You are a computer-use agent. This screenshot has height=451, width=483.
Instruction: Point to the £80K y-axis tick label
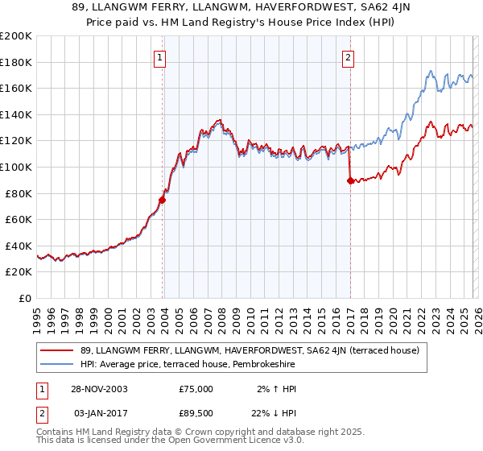(x=19, y=193)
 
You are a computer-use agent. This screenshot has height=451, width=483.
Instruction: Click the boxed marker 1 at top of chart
(x=161, y=57)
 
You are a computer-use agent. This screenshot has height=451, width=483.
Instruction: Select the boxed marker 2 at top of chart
(x=349, y=57)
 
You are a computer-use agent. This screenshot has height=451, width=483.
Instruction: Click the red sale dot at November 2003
(x=163, y=200)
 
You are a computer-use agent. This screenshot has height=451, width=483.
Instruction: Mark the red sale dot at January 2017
(x=349, y=181)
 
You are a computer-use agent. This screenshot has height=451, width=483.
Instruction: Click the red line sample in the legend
(x=58, y=350)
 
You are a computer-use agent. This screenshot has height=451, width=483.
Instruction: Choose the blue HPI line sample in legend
(x=58, y=365)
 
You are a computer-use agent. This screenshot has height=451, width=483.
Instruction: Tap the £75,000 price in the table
(x=196, y=389)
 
